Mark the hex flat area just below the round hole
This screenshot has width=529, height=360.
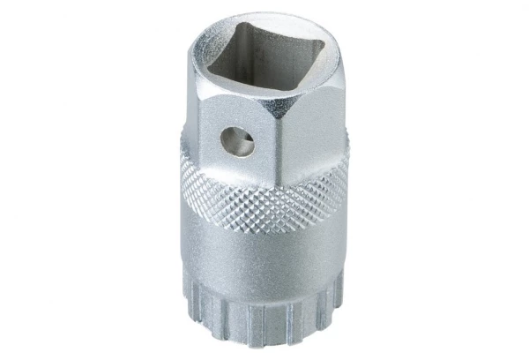click(236, 163)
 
